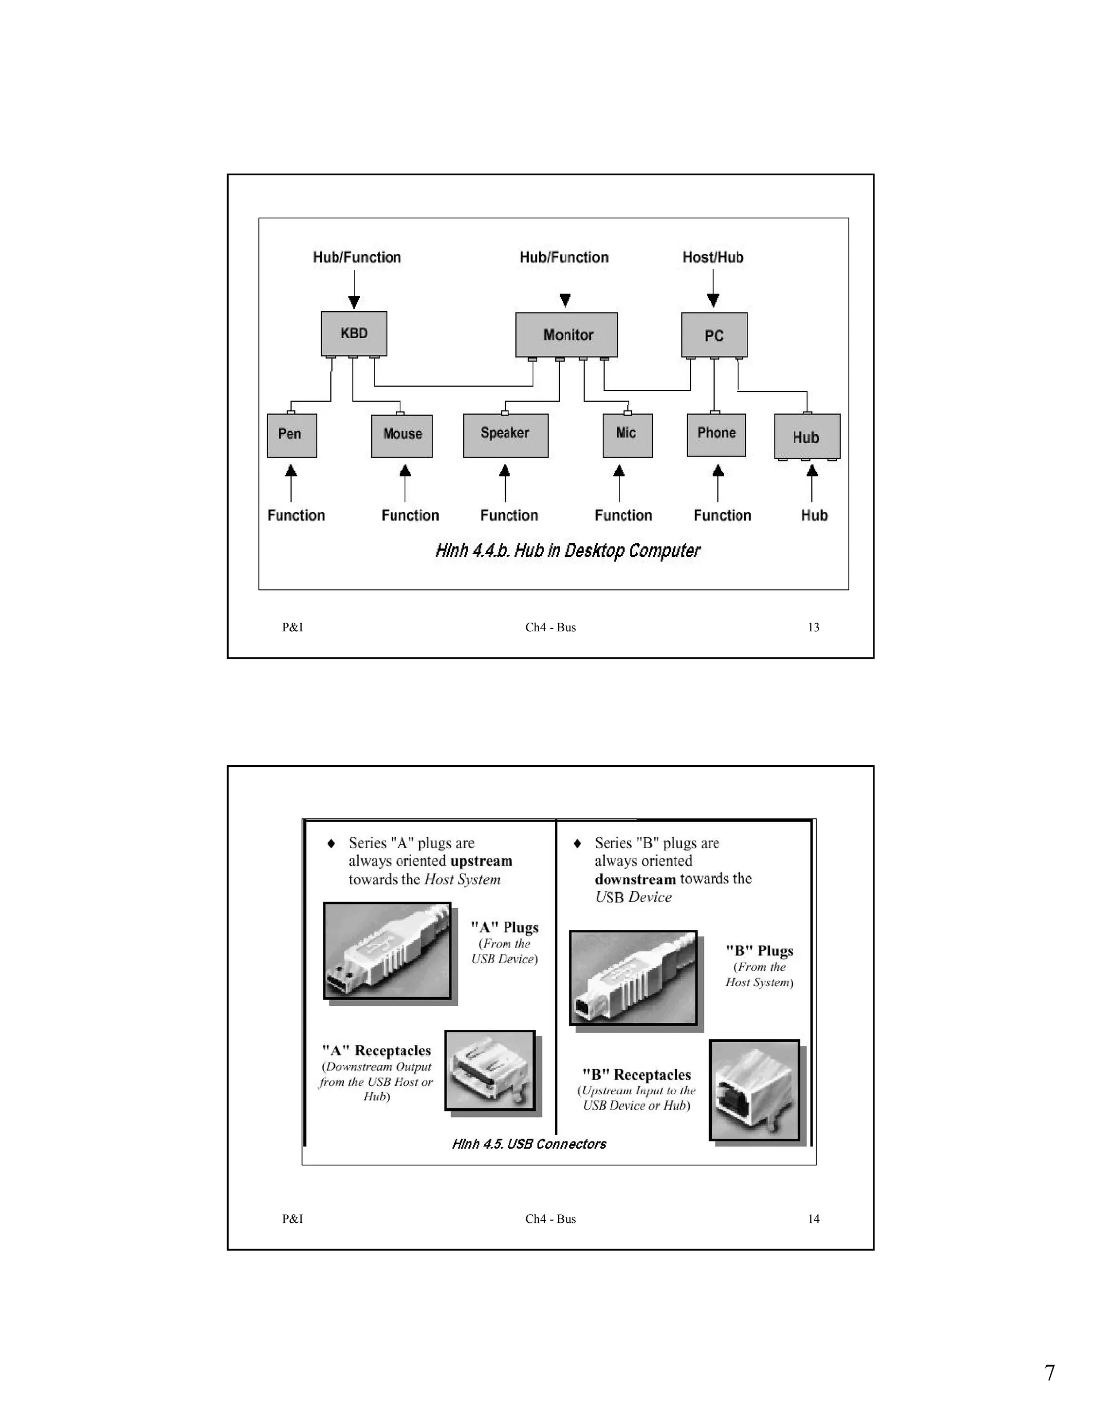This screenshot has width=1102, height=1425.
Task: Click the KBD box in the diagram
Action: click(354, 333)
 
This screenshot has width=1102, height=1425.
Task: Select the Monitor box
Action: click(567, 334)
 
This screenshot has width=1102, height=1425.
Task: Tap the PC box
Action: click(714, 336)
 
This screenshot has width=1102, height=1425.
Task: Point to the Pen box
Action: click(291, 435)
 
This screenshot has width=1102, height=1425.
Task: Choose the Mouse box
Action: click(402, 435)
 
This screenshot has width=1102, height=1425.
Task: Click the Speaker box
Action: click(505, 434)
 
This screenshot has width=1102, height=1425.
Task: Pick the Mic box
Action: click(627, 434)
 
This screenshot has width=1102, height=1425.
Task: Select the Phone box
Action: click(716, 434)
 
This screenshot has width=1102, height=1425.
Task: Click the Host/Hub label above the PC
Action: click(713, 257)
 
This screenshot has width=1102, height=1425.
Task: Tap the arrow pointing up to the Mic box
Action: click(619, 482)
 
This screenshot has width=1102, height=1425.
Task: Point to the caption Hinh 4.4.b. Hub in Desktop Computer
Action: click(567, 551)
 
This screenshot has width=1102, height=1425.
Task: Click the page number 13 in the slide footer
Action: click(814, 627)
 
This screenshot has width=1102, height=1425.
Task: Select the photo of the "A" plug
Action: click(387, 951)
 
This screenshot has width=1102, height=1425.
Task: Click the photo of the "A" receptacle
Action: click(490, 1070)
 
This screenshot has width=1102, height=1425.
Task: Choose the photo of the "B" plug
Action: click(633, 978)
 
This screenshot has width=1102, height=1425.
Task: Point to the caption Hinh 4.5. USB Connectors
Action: click(529, 1144)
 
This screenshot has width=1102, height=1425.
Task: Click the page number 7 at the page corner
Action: click(1049, 1373)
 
